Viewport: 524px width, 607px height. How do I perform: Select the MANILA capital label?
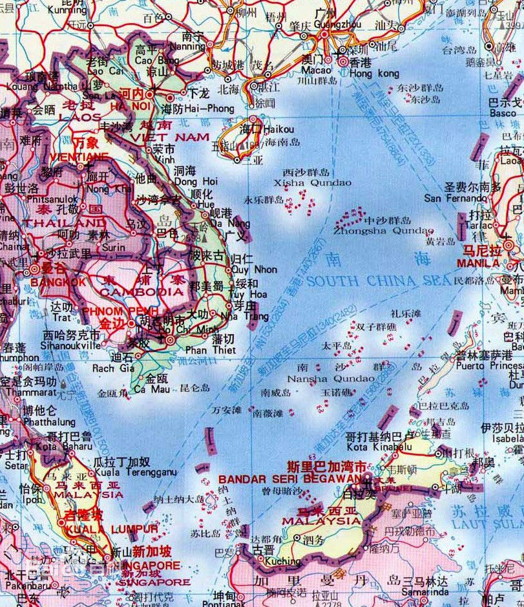click(x=477, y=264)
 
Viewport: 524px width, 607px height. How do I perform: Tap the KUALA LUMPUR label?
click(x=110, y=529)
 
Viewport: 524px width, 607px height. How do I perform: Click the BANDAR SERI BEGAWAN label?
click(x=289, y=479)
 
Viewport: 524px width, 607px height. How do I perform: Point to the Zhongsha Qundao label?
click(x=383, y=230)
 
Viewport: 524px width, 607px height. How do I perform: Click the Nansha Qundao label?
click(x=330, y=378)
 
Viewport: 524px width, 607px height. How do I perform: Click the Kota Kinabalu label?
click(x=379, y=446)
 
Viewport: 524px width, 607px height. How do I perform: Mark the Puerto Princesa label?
click(x=489, y=365)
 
